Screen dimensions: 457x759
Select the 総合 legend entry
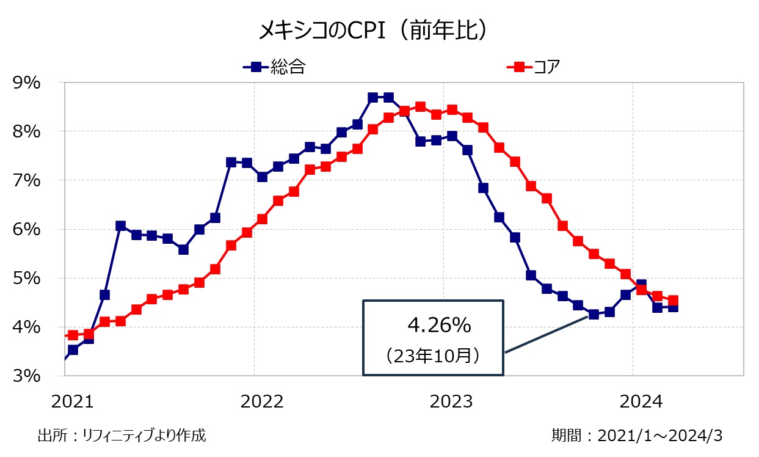pyautogui.click(x=274, y=67)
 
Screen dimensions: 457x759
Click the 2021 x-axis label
pyautogui.click(x=73, y=401)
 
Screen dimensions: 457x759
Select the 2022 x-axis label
pyautogui.click(x=262, y=401)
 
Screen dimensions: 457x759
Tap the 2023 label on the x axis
pyautogui.click(x=451, y=401)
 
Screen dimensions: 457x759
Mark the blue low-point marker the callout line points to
pyautogui.click(x=593, y=315)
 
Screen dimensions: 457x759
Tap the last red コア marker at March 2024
pyautogui.click(x=672, y=301)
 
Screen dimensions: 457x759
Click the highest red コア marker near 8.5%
pyautogui.click(x=420, y=107)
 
